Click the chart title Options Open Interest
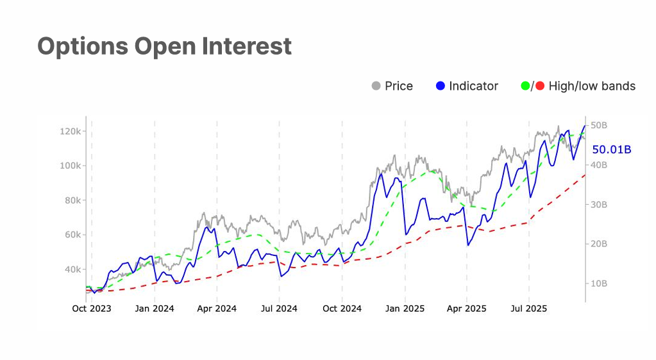pyautogui.click(x=164, y=46)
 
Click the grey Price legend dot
pyautogui.click(x=376, y=86)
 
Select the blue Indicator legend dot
pyautogui.click(x=440, y=86)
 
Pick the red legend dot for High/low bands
pyautogui.click(x=540, y=86)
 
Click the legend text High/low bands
pyautogui.click(x=592, y=86)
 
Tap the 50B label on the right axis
pyautogui.click(x=599, y=126)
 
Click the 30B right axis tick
pyautogui.click(x=599, y=205)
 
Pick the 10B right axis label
pyautogui.click(x=599, y=284)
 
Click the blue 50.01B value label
pyautogui.click(x=611, y=150)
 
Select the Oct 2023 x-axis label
pyautogui.click(x=91, y=309)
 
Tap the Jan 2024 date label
pyautogui.click(x=155, y=309)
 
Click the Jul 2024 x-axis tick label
pyautogui.click(x=279, y=309)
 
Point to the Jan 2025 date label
pyautogui.click(x=405, y=309)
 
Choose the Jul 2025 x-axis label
pyautogui.click(x=528, y=309)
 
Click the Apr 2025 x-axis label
pyautogui.click(x=466, y=309)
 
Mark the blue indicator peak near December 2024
pyautogui.click(x=382, y=174)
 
